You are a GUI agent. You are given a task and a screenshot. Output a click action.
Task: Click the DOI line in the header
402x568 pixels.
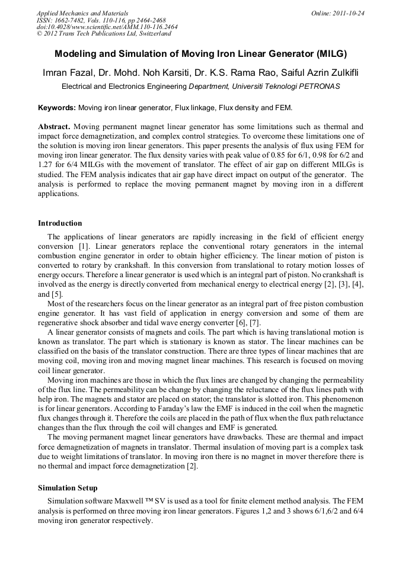pyautogui.click(x=107, y=27)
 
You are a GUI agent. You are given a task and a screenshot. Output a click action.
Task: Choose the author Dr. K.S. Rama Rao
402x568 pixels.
pyautogui.click(x=237, y=73)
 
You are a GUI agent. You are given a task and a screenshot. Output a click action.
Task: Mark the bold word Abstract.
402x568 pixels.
pyautogui.click(x=54, y=127)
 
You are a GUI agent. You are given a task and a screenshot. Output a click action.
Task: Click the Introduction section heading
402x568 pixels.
pyautogui.click(x=60, y=223)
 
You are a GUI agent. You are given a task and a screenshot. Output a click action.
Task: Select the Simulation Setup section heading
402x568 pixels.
pyautogui.click(x=68, y=488)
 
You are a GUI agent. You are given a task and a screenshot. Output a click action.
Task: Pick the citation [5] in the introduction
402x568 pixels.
pyautogui.click(x=58, y=294)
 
